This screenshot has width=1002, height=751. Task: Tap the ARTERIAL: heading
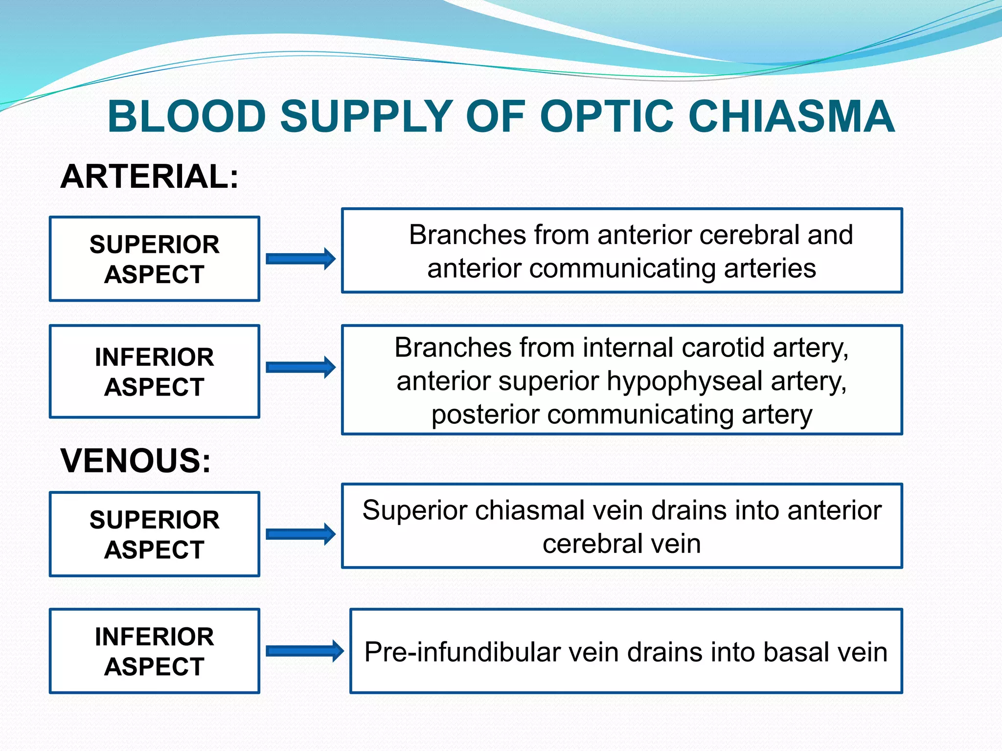click(x=149, y=177)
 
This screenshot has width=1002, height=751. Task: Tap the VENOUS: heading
click(x=136, y=461)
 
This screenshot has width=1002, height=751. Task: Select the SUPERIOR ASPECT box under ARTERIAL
click(x=155, y=259)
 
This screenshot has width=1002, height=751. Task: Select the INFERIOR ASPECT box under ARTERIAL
click(x=155, y=372)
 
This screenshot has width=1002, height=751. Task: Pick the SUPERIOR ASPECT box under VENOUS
click(x=155, y=534)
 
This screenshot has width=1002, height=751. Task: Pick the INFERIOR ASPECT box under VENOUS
click(x=155, y=651)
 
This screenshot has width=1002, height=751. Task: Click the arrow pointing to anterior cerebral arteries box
click(x=300, y=259)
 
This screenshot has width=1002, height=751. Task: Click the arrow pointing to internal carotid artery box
click(x=300, y=367)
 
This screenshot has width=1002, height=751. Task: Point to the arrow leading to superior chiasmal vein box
click(x=300, y=534)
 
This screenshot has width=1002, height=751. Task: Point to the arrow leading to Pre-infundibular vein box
click(x=304, y=651)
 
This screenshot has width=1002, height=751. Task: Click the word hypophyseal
click(x=685, y=382)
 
